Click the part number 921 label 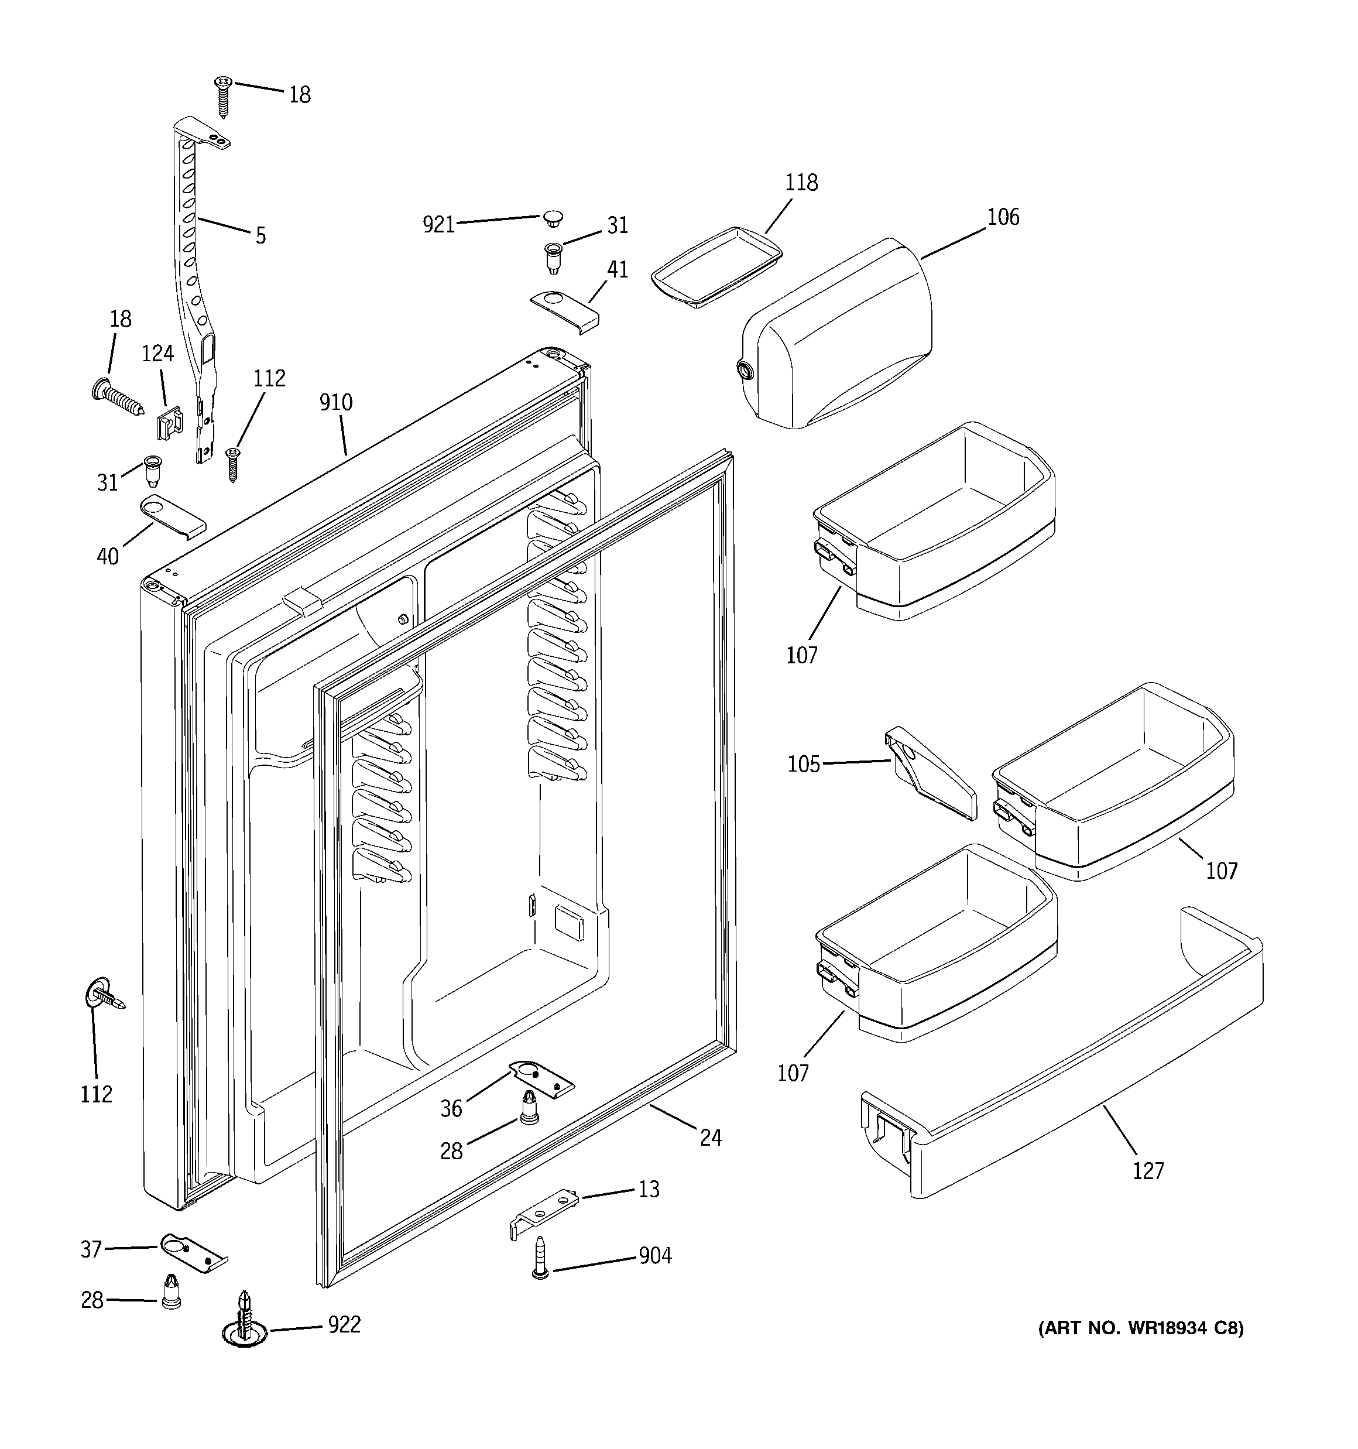point(439,224)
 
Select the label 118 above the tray point(801,182)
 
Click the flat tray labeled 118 point(716,268)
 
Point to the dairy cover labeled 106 point(838,335)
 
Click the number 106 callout point(1003,217)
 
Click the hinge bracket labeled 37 point(192,1252)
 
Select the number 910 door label point(335,402)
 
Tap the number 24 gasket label point(710,1137)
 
